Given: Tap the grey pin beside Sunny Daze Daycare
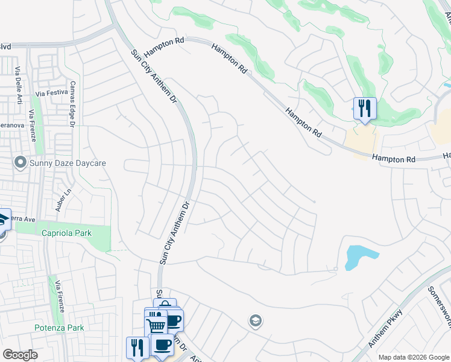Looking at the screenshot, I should click(20, 162).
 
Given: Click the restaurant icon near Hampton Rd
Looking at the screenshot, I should click(364, 109).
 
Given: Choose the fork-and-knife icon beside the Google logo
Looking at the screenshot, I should click(137, 347).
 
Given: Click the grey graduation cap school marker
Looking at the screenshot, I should click(255, 320).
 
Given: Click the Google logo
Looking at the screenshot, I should click(20, 355).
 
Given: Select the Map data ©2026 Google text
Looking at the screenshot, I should click(413, 357).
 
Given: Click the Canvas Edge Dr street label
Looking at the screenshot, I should click(72, 104).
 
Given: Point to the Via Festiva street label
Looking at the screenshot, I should click(50, 94).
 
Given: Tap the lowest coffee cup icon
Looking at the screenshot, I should click(162, 345).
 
